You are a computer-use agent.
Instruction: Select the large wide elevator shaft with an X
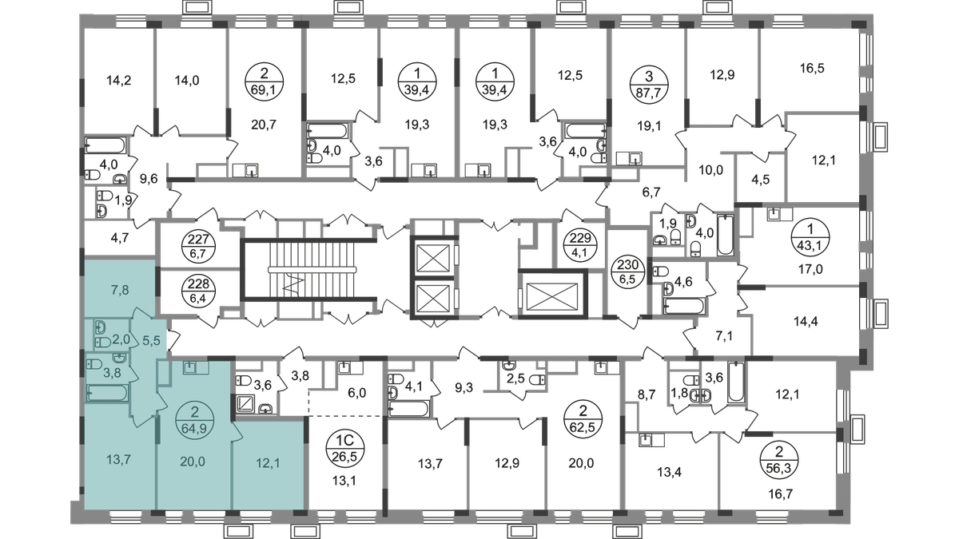[x=552, y=293]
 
